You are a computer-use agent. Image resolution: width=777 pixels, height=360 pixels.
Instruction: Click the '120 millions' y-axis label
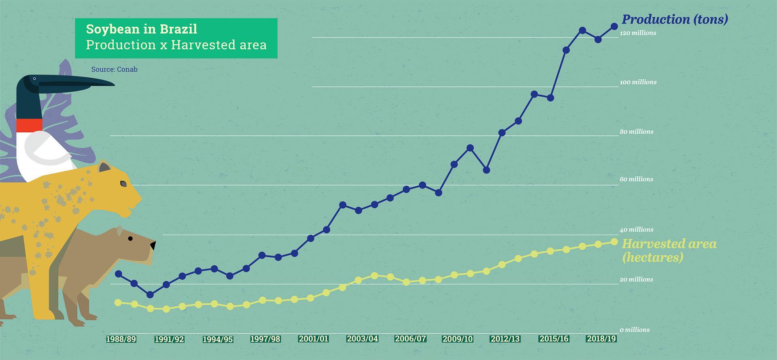pos(638,33)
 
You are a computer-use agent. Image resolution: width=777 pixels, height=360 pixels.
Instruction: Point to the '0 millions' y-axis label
pos(635,330)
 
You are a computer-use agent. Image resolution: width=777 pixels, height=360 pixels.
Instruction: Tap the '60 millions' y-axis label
pos(636,179)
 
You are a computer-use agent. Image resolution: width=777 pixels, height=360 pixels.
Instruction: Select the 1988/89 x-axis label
pos(121,339)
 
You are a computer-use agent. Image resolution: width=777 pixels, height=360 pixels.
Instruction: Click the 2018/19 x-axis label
pos(601,339)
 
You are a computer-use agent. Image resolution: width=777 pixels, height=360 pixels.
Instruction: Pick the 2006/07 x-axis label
pos(410,339)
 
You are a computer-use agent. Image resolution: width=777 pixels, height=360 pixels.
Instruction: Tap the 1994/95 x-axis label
pos(218,339)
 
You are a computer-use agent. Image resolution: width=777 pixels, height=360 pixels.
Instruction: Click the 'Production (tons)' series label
pos(675,19)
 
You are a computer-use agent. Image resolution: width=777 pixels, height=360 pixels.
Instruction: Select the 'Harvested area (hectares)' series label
pos(669,250)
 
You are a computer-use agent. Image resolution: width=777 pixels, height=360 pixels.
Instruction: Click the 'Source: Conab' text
pos(114,69)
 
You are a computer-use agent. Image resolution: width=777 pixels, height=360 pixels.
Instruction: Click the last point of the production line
pos(614,26)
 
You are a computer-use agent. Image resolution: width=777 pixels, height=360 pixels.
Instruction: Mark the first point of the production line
pos(119,274)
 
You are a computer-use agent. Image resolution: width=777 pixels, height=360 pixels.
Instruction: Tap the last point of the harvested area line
pos(614,241)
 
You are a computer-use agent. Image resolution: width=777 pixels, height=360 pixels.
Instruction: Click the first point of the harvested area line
pos(118,303)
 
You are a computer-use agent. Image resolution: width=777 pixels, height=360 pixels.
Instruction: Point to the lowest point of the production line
pos(150,294)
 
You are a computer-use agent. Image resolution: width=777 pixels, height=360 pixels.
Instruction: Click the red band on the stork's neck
pos(29,125)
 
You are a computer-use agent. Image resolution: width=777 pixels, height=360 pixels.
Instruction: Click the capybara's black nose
pos(153,245)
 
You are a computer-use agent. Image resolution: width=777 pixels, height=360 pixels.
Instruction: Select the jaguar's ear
pos(104,167)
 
